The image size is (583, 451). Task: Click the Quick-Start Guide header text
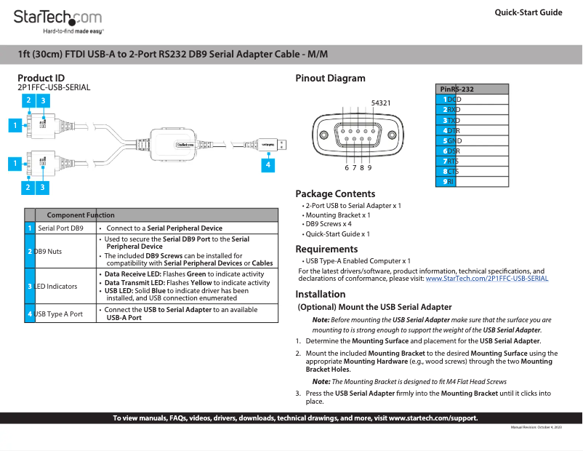(x=528, y=12)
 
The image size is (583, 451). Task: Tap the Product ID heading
(x=41, y=78)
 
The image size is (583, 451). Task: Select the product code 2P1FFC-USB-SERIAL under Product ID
(x=54, y=87)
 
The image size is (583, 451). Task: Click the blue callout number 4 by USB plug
(x=268, y=165)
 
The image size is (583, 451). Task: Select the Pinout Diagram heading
(x=330, y=78)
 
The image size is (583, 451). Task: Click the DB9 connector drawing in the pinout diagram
(x=357, y=136)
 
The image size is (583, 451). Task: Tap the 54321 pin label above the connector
(x=381, y=103)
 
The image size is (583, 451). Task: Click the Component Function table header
(x=81, y=215)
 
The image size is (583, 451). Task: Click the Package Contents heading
(x=335, y=193)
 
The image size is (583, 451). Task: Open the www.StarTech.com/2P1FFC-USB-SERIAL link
(x=486, y=278)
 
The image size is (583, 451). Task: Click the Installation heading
(x=320, y=294)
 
